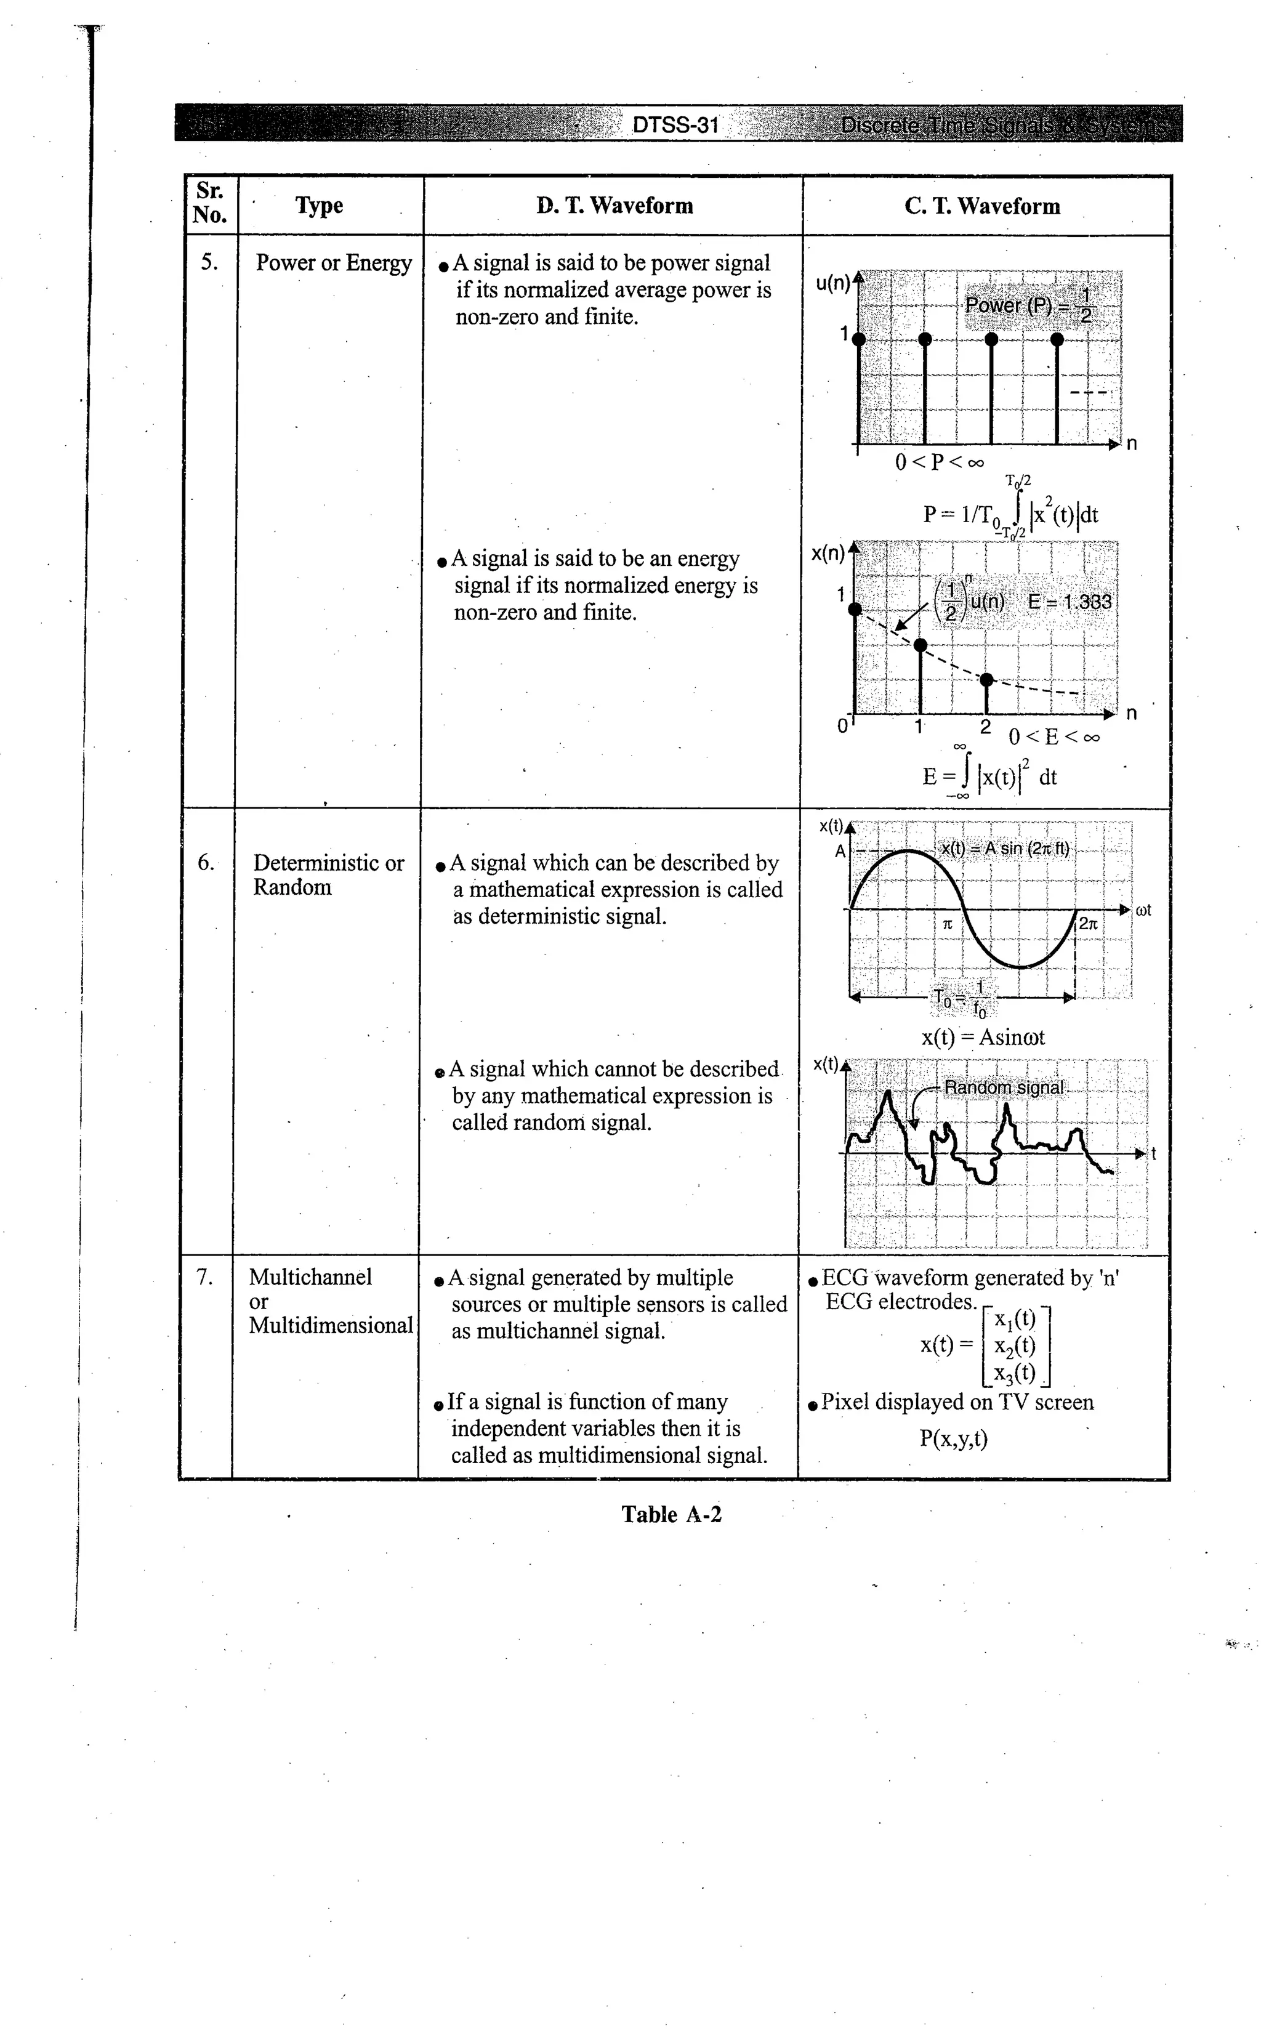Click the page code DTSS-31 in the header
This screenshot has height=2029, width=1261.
click(675, 125)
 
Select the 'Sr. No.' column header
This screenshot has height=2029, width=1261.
click(209, 203)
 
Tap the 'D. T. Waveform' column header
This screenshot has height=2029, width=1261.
click(614, 206)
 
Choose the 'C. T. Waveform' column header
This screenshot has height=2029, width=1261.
click(983, 206)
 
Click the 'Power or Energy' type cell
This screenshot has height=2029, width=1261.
click(334, 263)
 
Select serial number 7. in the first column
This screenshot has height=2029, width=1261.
click(204, 1277)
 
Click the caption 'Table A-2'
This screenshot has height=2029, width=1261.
click(671, 1514)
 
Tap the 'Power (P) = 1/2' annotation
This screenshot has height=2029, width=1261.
click(1028, 306)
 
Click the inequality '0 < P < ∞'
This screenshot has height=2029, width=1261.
click(939, 462)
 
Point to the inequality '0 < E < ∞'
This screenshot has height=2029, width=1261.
click(1054, 737)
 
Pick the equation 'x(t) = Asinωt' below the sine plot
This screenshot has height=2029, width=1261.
click(983, 1038)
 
